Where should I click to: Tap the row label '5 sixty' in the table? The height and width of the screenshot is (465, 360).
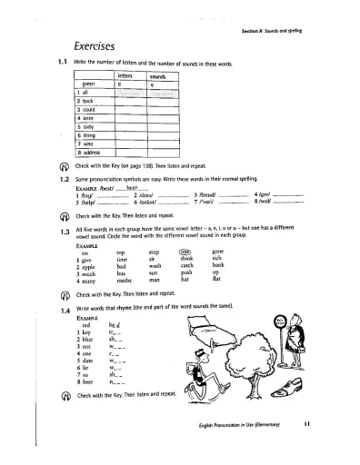[x=85, y=127]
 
